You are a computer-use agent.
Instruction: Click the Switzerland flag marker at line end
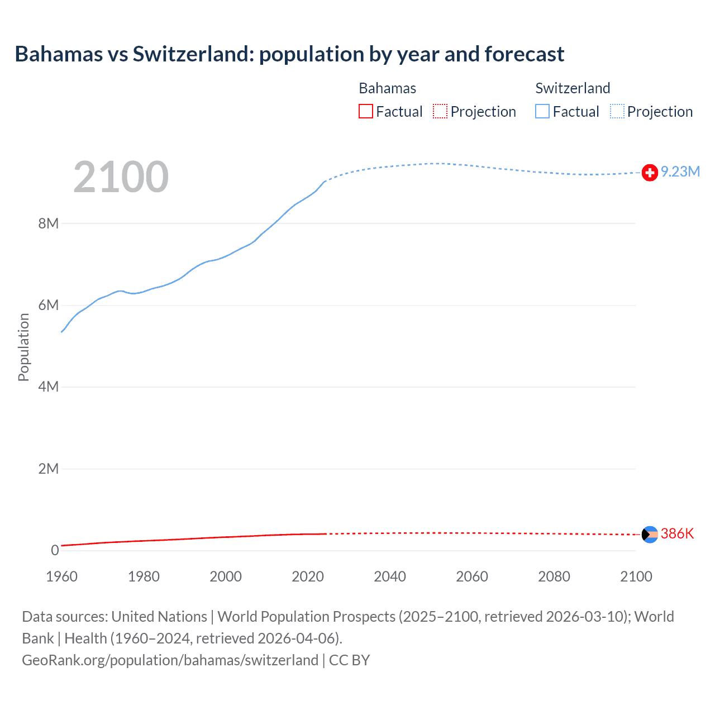pos(650,173)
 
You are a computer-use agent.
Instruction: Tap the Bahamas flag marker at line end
pos(650,535)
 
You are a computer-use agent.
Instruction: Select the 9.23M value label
pos(680,171)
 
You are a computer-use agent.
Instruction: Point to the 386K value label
pos(677,533)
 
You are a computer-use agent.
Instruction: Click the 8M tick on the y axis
pos(49,223)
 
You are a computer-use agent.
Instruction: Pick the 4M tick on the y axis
pos(49,387)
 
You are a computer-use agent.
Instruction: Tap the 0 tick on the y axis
pos(55,550)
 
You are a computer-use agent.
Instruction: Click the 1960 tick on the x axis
pos(61,576)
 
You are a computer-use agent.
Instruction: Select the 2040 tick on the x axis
pos(390,576)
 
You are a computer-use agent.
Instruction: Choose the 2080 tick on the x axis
pos(554,576)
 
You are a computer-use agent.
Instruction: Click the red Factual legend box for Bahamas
pos(366,111)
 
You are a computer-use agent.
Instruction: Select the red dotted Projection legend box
pos(440,111)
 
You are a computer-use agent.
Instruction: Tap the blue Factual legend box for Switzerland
pos(542,111)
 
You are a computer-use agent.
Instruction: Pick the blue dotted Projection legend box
pos(617,111)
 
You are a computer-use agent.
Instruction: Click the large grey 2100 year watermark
pos(121,177)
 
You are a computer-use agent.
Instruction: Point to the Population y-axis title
pos(23,347)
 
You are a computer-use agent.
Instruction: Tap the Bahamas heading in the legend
pos(387,88)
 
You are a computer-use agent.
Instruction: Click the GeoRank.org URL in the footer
pos(170,660)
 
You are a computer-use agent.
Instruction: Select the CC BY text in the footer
pos(349,660)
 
